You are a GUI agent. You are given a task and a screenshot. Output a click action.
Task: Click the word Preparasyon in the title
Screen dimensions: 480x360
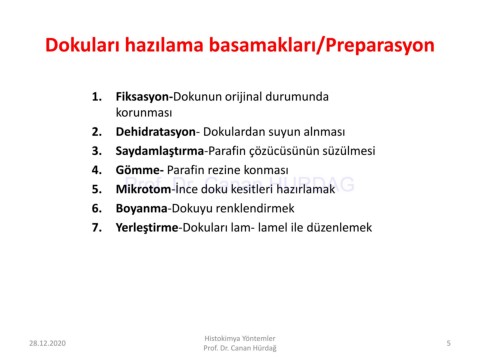pyautogui.click(x=380, y=46)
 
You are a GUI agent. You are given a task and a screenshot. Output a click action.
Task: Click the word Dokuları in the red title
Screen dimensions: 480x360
pyautogui.click(x=82, y=45)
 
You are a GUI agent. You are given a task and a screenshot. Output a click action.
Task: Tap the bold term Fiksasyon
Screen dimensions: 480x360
pyautogui.click(x=143, y=97)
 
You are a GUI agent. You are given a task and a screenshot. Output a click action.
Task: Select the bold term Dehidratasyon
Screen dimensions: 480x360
pyautogui.click(x=156, y=132)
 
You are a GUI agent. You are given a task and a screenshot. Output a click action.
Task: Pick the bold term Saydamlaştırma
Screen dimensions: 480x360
pyautogui.click(x=160, y=152)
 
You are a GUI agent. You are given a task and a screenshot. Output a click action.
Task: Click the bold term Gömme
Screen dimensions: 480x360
pyautogui.click(x=138, y=170)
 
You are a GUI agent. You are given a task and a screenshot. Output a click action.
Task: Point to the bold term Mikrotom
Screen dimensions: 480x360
pyautogui.click(x=143, y=189)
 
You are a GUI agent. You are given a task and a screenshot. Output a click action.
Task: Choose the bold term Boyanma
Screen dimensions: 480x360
pyautogui.click(x=141, y=209)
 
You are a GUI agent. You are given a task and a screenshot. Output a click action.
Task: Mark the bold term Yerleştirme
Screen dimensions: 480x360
pyautogui.click(x=147, y=228)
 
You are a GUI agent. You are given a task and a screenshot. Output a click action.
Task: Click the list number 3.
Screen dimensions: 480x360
pyautogui.click(x=97, y=151)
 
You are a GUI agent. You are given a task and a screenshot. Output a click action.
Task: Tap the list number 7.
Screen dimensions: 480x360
pyautogui.click(x=97, y=228)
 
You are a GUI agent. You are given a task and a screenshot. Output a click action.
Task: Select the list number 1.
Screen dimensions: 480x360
pyautogui.click(x=97, y=97)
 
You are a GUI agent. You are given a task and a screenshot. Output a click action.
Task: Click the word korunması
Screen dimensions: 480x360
pyautogui.click(x=144, y=113)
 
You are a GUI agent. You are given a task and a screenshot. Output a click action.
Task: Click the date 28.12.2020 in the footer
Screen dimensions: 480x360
pyautogui.click(x=47, y=343)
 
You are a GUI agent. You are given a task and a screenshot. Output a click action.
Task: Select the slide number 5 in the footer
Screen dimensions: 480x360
pyautogui.click(x=449, y=343)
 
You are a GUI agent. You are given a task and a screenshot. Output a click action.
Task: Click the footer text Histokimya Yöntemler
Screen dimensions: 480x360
pyautogui.click(x=240, y=338)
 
